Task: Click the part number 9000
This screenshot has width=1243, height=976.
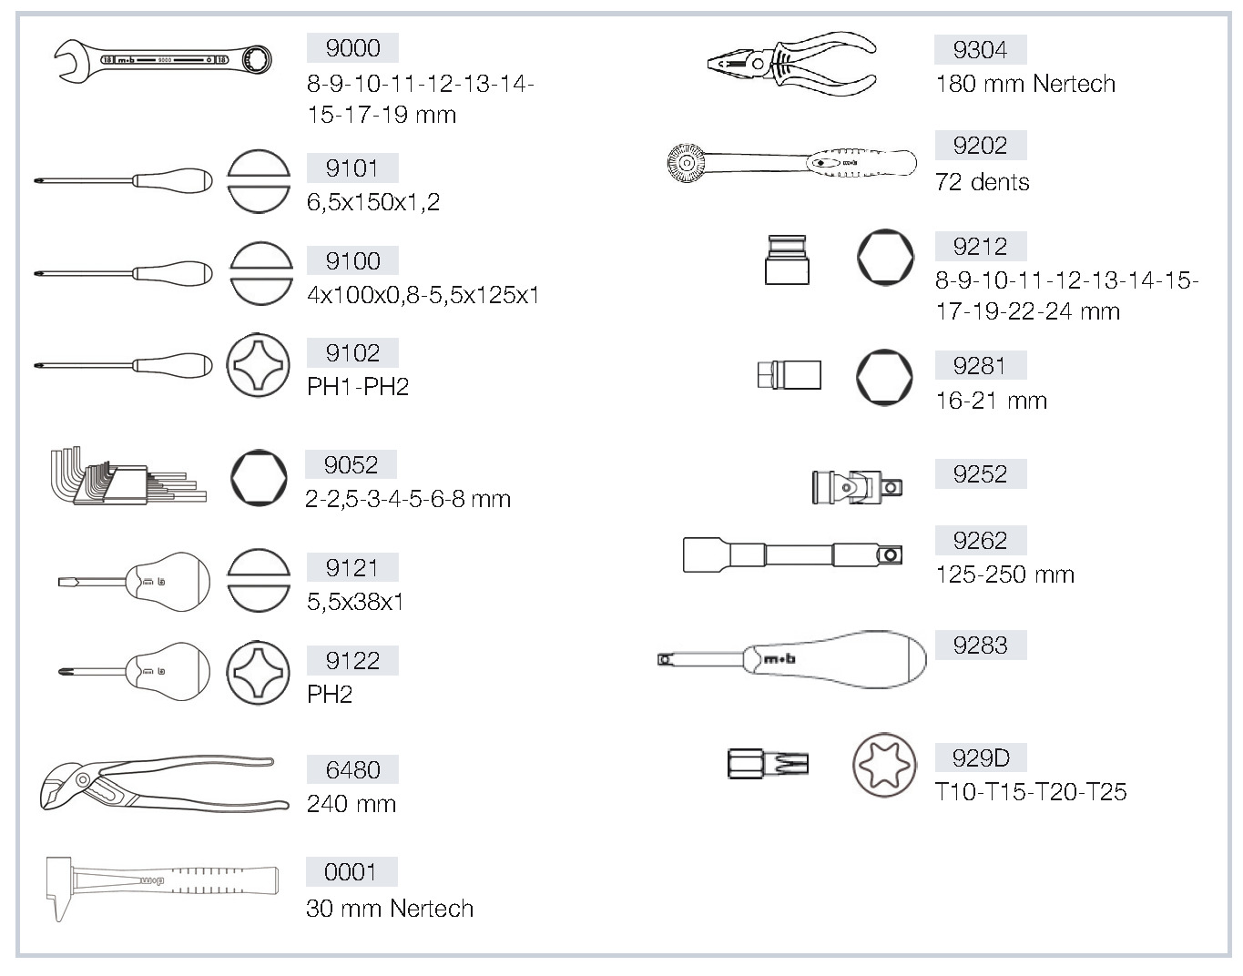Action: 352,48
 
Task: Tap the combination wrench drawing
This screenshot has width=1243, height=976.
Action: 163,60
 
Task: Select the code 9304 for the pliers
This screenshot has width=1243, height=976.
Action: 980,50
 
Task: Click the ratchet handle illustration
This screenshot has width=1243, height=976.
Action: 791,163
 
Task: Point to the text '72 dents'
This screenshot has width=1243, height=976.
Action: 983,182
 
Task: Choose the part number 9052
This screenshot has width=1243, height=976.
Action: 351,465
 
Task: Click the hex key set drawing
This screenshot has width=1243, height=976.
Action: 128,476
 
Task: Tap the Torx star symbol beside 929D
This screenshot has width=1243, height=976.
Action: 884,765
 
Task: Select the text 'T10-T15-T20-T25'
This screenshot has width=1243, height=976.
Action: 1031,792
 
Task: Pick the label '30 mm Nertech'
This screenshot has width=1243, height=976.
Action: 390,908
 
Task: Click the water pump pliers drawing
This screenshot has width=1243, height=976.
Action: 164,784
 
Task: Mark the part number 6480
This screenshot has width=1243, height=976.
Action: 352,769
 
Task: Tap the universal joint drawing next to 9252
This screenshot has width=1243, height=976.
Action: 857,487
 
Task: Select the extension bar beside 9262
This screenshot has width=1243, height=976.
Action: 792,554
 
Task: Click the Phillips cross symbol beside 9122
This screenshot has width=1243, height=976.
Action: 258,673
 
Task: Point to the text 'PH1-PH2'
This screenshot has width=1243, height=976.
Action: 358,387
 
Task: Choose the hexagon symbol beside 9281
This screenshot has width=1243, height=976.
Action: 884,377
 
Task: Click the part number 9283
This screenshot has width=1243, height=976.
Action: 980,645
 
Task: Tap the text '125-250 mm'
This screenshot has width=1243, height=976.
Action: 1005,574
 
